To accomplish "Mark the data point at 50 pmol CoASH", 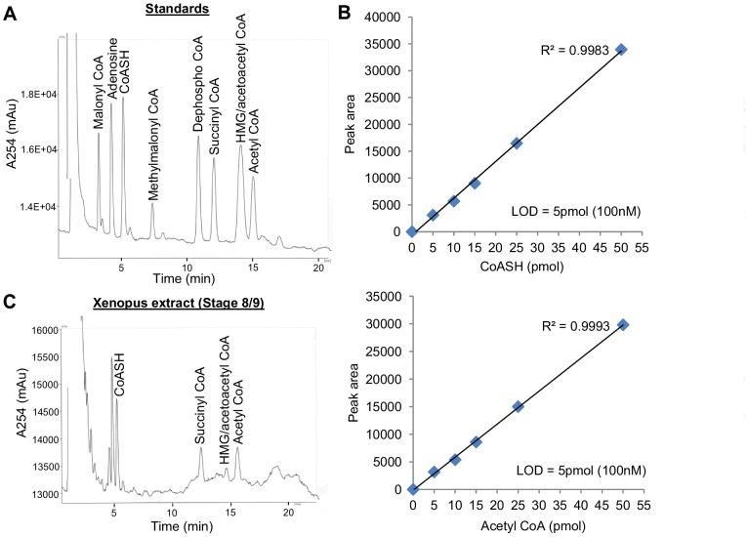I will pos(621,48).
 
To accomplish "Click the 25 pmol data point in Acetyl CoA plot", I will pos(518,406).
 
